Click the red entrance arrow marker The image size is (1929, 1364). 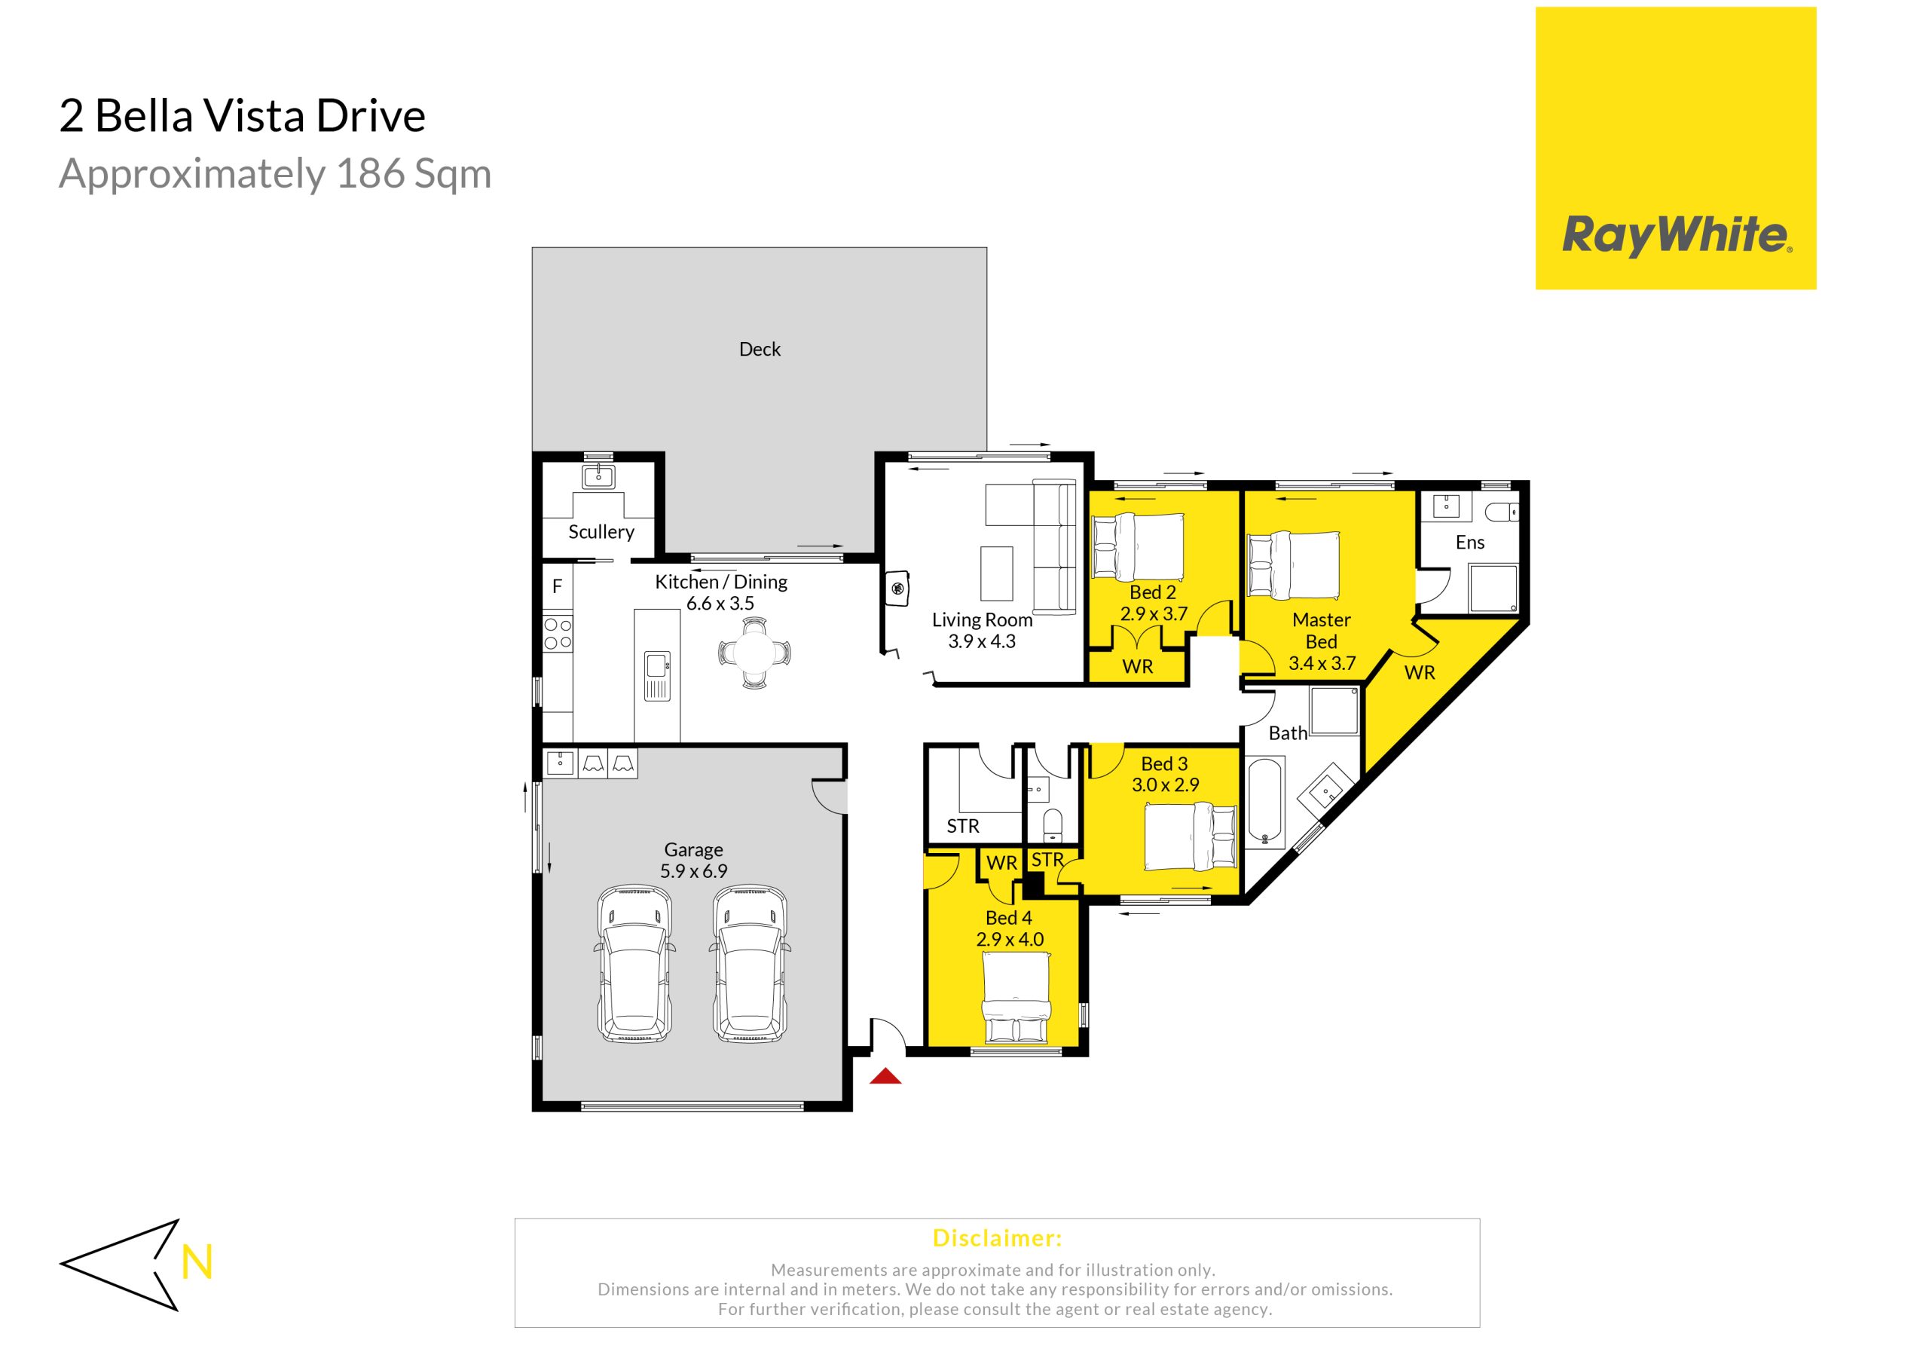(885, 1075)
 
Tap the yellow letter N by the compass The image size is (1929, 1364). (197, 1262)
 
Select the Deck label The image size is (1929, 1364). (760, 349)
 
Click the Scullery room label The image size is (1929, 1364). (601, 532)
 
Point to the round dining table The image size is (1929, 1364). (754, 652)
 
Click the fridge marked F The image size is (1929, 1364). (557, 586)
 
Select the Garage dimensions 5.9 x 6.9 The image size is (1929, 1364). (693, 870)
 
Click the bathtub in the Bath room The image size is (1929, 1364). (1266, 802)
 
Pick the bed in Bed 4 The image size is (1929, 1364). (1016, 1002)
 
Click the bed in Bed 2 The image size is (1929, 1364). (1138, 547)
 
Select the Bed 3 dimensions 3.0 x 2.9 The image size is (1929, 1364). (1165, 785)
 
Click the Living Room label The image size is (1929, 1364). (982, 620)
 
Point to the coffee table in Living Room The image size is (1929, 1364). (996, 573)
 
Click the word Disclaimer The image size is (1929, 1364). (997, 1238)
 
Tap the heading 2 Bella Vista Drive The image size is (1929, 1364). (243, 116)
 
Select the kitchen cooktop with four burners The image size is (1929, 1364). (558, 634)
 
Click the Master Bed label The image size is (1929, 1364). (1322, 630)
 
